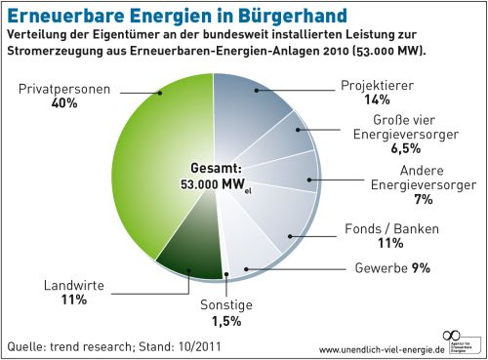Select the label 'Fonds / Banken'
[x=392, y=228]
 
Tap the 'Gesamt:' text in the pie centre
[x=211, y=167]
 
